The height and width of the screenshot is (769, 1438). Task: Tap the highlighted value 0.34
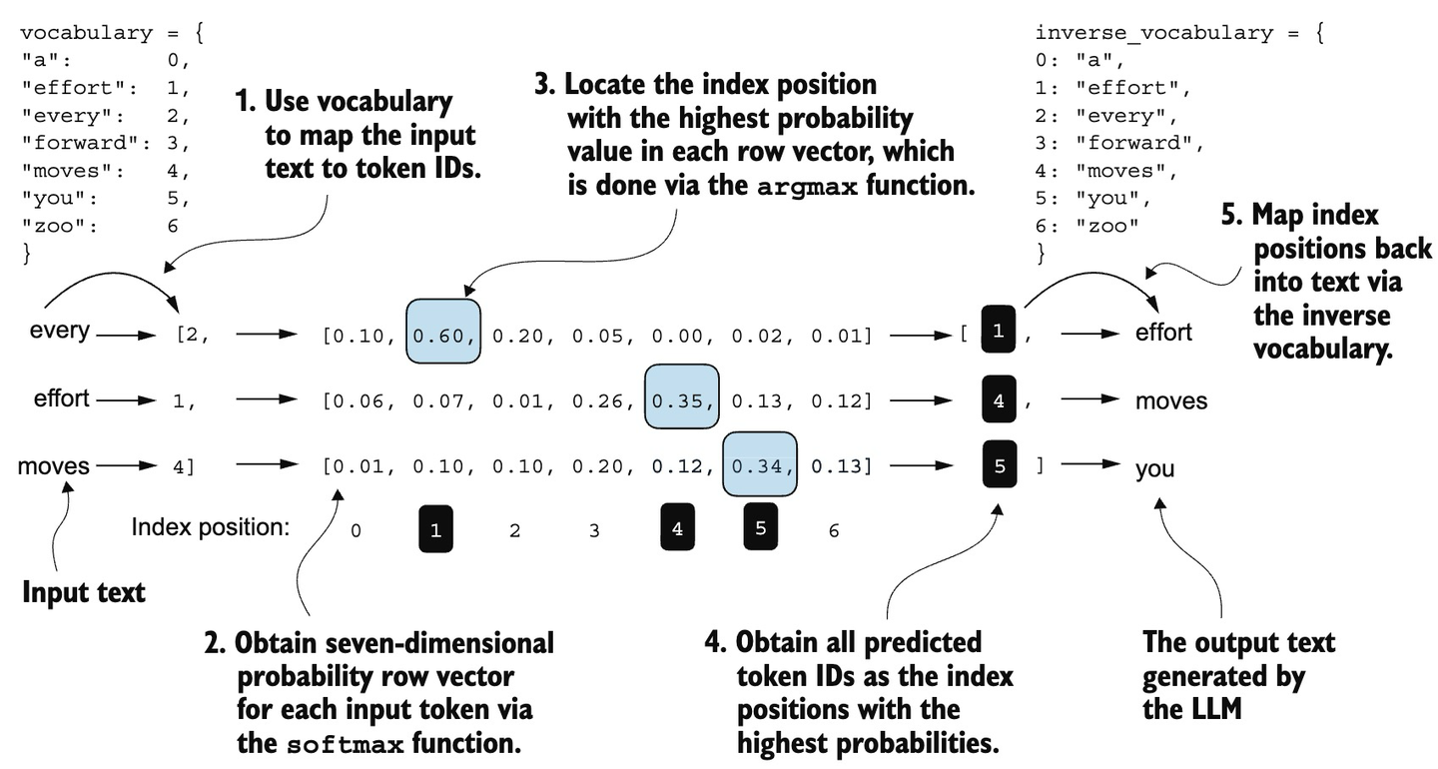[760, 465]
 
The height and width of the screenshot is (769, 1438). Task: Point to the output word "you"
[1154, 468]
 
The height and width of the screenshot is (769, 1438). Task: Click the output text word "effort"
[1163, 333]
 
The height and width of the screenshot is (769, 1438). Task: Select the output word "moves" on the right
[1170, 401]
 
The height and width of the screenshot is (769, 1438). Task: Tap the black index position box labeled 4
[677, 528]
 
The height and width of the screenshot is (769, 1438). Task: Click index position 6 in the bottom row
[834, 531]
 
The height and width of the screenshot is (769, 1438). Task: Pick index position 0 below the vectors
[356, 531]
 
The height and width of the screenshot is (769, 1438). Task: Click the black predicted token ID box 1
[999, 332]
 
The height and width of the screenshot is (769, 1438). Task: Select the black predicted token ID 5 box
[999, 465]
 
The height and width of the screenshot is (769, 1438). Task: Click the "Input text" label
[84, 592]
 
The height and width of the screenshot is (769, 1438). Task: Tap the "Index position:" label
[210, 528]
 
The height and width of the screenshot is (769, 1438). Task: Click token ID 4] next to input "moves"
[184, 466]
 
